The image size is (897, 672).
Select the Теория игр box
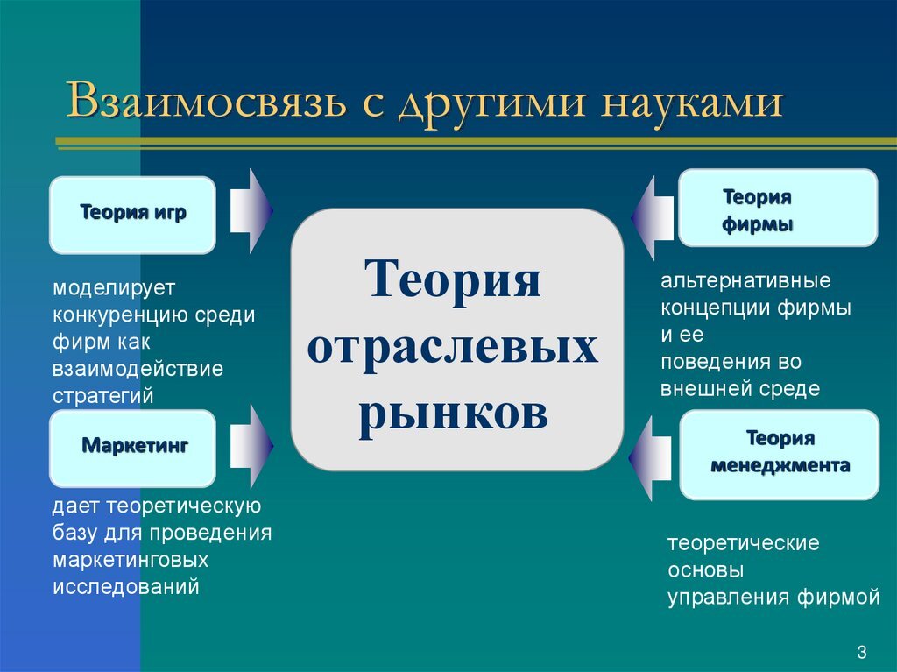tap(132, 215)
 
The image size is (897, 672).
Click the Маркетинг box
tap(133, 448)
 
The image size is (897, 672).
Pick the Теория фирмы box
tap(777, 209)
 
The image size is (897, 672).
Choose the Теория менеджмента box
tap(779, 454)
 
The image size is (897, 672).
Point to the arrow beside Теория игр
tap(251, 211)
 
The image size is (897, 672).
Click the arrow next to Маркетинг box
tap(251, 446)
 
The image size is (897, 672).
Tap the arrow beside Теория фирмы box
tap(651, 219)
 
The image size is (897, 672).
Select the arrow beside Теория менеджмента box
tap(651, 459)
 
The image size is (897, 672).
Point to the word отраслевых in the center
tap(453, 349)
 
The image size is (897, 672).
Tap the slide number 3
tap(862, 652)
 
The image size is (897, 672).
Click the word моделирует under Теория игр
tap(115, 287)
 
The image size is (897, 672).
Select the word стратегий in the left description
tap(103, 395)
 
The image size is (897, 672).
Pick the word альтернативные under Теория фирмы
tap(745, 282)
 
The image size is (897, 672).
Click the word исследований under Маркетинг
tap(126, 586)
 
